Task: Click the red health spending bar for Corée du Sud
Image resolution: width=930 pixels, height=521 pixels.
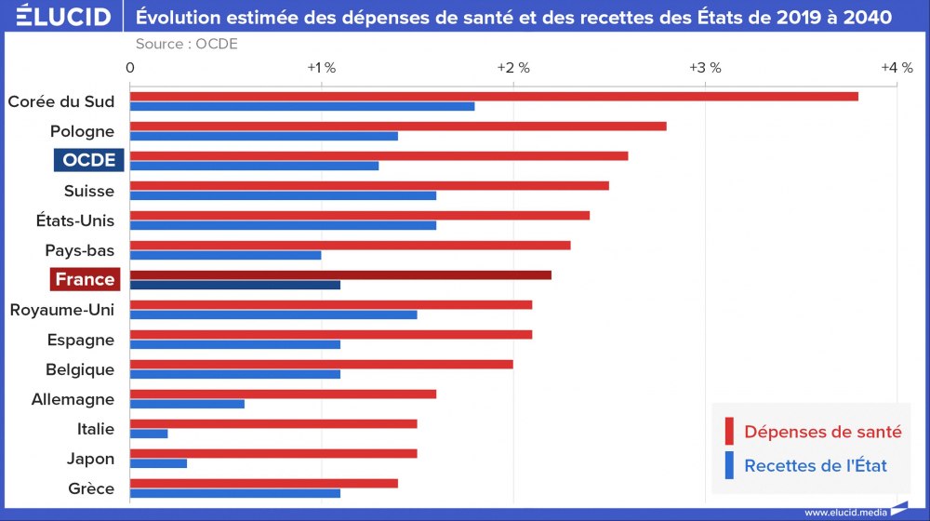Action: coord(493,97)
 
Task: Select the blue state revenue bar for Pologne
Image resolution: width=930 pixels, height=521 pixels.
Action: coord(264,136)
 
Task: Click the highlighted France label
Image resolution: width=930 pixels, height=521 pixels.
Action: coord(85,279)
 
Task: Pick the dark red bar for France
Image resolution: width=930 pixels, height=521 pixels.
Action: coord(340,274)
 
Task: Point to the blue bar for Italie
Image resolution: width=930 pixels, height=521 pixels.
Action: coord(149,434)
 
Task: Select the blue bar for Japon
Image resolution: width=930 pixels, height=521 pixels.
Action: coord(158,463)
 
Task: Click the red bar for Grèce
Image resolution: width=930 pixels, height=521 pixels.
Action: coord(264,483)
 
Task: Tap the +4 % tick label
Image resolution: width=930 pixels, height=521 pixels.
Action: coord(897,68)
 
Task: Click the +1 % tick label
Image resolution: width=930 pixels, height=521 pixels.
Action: coord(321,68)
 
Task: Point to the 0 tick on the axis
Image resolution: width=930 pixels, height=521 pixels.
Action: coord(130,68)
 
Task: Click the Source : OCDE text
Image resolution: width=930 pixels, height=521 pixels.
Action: coord(186,44)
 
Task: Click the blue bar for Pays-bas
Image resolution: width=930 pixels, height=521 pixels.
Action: coord(226,255)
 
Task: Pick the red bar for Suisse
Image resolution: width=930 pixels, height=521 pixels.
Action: coord(369,185)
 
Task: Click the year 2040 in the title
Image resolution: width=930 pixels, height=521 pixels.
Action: coord(868,17)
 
